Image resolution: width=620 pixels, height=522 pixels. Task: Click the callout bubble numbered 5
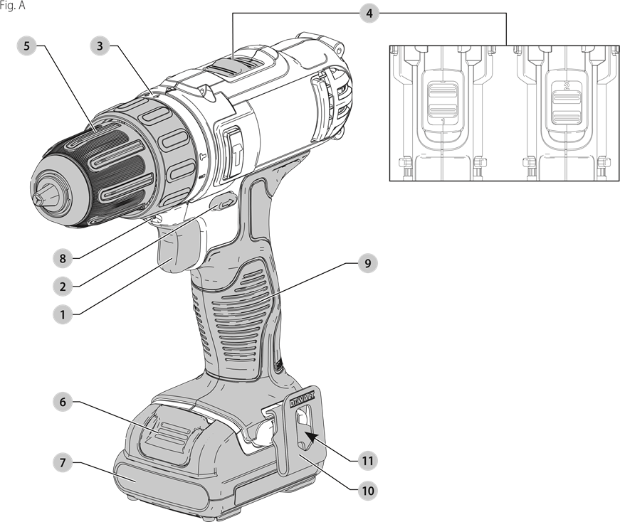point(27,46)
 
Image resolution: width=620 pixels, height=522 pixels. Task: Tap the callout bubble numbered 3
point(100,46)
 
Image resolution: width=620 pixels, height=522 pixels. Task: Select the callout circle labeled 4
point(369,13)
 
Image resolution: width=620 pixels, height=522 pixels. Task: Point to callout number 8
point(63,258)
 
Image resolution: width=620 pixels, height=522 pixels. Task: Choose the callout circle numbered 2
point(63,287)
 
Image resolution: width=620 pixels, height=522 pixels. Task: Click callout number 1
point(63,315)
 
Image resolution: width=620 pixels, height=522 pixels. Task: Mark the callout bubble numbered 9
point(368,263)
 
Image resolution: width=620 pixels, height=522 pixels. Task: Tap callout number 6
point(63,402)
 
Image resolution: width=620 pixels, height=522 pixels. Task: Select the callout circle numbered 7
point(63,462)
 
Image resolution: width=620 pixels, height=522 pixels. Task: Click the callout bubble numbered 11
point(368,461)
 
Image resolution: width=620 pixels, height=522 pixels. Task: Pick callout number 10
point(368,491)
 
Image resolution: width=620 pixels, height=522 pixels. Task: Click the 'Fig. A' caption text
point(13,6)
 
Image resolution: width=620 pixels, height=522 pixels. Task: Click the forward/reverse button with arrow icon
point(224,202)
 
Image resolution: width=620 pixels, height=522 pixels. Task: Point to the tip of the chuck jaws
point(37,199)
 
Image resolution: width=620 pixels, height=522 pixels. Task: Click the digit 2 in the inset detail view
point(567,85)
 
